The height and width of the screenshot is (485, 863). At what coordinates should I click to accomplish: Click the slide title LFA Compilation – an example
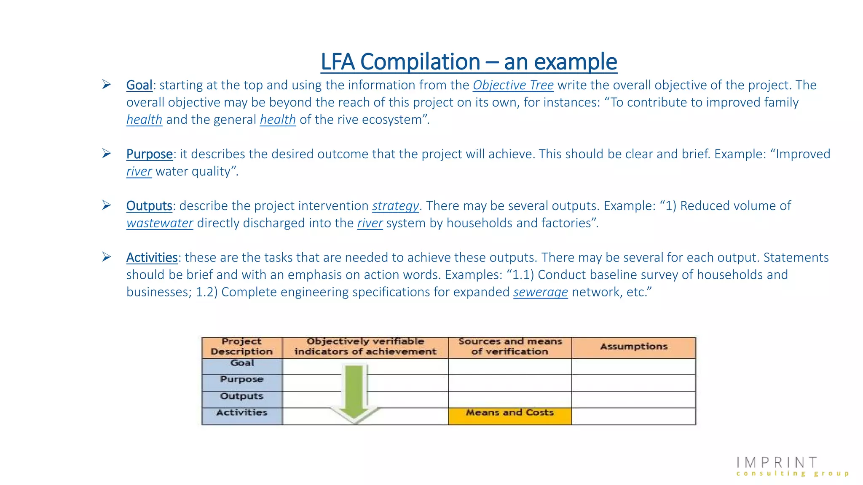point(469,62)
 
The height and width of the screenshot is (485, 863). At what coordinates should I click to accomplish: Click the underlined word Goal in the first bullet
point(139,85)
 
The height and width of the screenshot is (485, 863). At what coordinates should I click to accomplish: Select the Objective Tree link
point(513,85)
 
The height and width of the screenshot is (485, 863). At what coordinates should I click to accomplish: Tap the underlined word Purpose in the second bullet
point(149,154)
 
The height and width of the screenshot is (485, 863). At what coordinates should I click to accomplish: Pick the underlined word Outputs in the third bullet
point(149,206)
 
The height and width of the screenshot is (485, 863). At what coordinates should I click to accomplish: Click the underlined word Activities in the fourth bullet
point(152,258)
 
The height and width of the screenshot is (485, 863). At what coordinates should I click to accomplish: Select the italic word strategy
point(395,206)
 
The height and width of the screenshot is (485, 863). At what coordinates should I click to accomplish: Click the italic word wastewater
point(160,223)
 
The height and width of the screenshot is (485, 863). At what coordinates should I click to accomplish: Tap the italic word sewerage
point(540,292)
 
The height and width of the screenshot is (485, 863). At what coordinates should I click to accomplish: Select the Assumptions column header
point(633,347)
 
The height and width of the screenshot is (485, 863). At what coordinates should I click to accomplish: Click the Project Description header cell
point(242,347)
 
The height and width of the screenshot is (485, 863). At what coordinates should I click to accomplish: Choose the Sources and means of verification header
point(509,347)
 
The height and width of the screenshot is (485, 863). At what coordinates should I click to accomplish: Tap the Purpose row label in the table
point(242,379)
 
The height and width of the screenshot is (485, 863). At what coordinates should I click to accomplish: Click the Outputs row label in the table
point(242,396)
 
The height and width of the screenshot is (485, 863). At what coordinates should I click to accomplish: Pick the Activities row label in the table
point(242,413)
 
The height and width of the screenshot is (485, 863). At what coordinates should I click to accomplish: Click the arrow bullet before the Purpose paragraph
point(106,154)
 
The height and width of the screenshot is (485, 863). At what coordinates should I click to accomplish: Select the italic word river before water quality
point(139,171)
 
